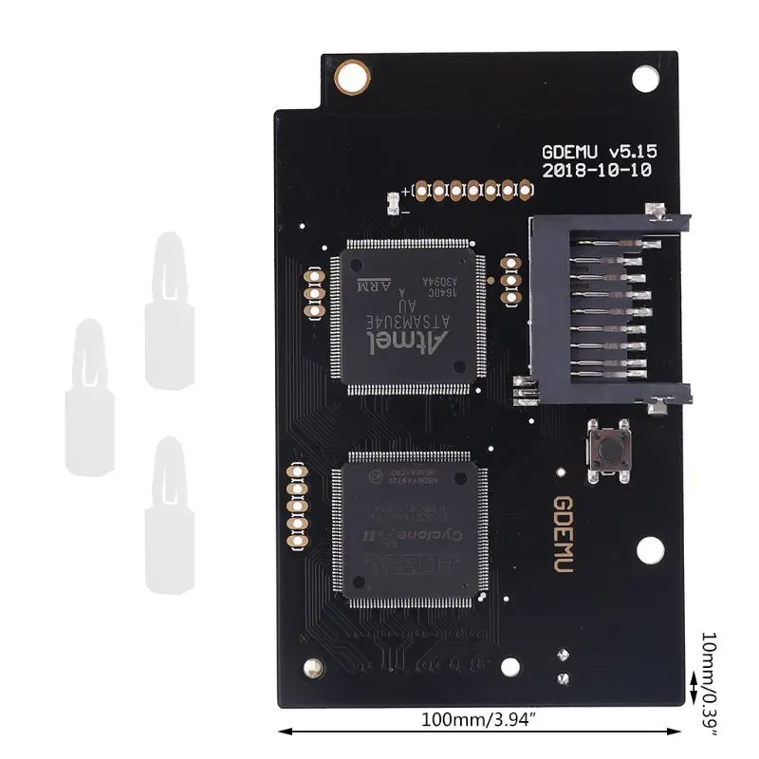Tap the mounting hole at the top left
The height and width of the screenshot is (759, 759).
(x=358, y=72)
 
